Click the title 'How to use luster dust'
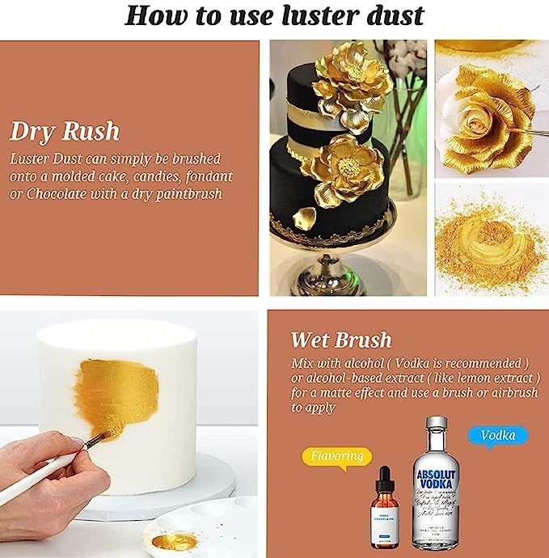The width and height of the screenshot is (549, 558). (x=275, y=15)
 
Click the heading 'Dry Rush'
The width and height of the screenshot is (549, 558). (x=65, y=131)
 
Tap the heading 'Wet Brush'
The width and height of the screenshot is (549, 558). (x=340, y=340)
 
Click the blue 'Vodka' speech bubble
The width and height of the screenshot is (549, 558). (x=497, y=436)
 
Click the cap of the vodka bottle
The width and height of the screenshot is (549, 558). (x=437, y=425)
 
